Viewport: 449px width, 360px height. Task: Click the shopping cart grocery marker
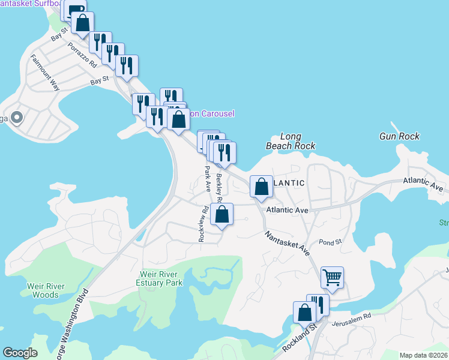pos(332,278)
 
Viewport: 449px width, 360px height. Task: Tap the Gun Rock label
pos(400,136)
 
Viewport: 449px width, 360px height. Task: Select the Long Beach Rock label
pos(291,141)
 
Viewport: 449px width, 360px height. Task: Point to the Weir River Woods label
pos(46,290)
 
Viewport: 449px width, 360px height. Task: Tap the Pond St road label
pos(330,241)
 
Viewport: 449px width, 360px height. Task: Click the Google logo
pos(20,353)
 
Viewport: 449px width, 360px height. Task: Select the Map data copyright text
pos(423,355)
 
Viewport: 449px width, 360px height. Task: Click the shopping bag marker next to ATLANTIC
pos(261,187)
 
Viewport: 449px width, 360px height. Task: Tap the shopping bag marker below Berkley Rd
pos(222,215)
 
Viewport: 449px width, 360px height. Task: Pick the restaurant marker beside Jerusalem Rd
pos(318,305)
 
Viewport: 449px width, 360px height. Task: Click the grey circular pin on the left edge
pos(17,117)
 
